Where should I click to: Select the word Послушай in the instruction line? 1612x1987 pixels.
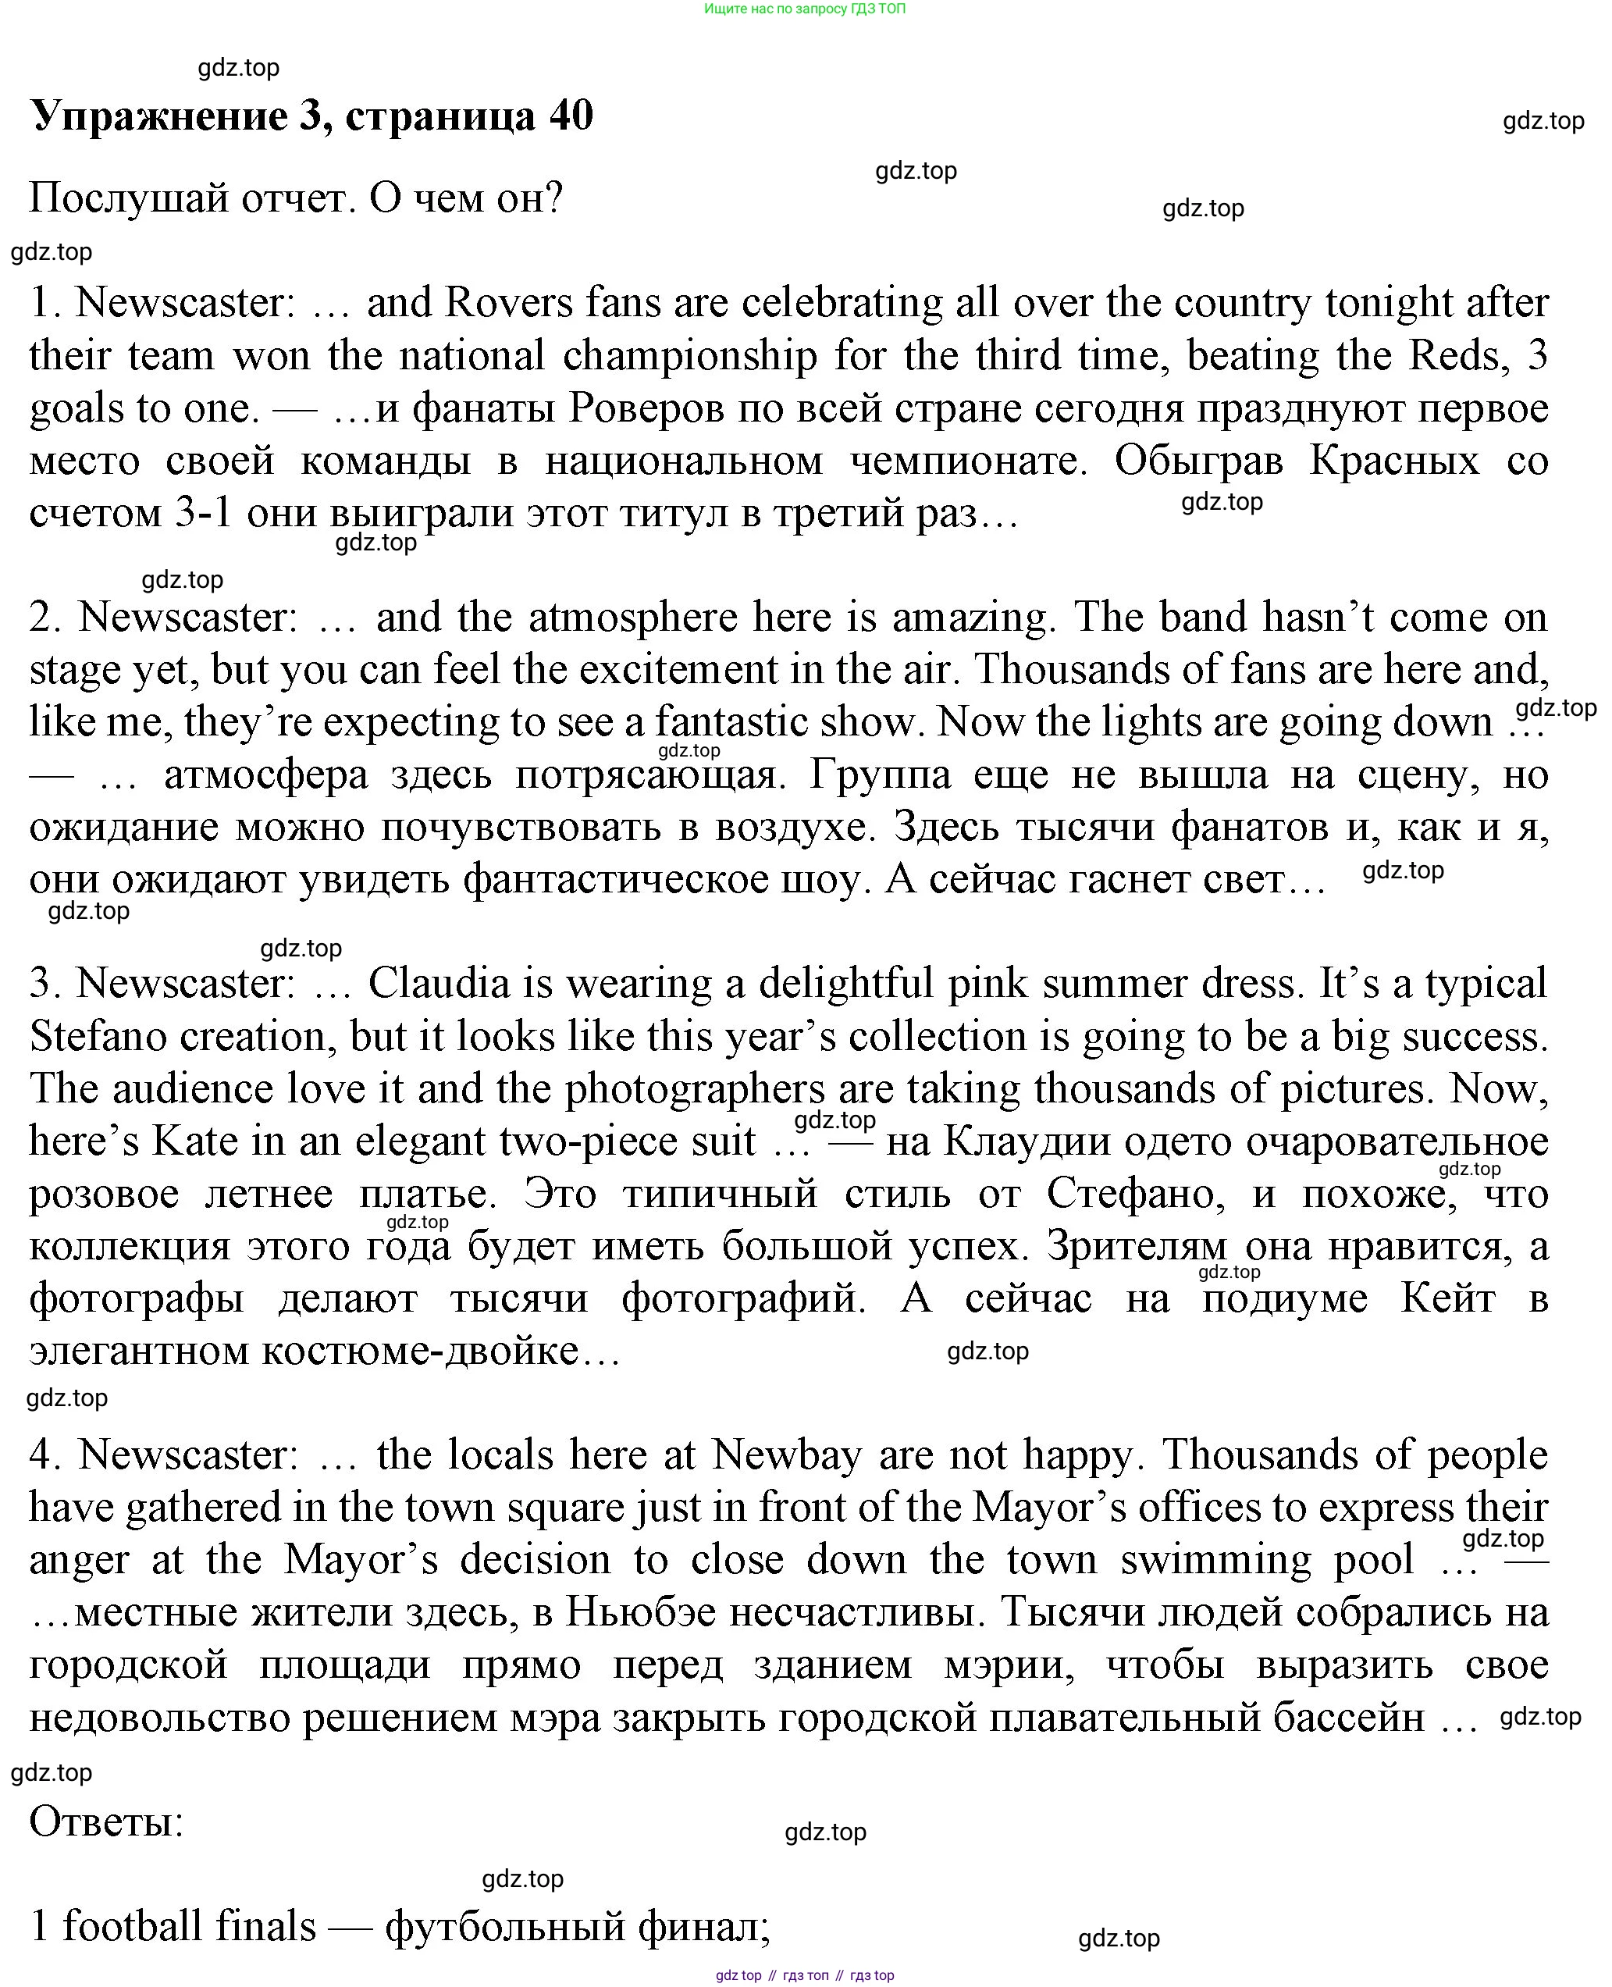pos(129,198)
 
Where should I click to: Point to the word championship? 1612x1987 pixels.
pos(689,355)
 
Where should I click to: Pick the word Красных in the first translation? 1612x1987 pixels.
pos(1393,461)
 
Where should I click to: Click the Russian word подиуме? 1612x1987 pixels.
pos(1284,1298)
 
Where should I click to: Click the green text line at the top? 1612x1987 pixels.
pos(804,9)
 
